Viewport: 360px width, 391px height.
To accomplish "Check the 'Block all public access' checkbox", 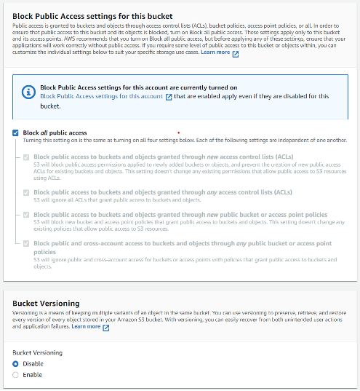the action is point(16,133).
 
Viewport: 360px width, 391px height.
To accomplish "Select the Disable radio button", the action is point(16,363).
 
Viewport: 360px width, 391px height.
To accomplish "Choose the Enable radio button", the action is point(16,375).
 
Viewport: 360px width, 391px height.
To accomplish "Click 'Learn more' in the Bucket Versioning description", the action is point(86,327).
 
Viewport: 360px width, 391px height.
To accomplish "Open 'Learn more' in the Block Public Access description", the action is point(215,52).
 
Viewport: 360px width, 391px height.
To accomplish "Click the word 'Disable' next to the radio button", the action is point(33,363).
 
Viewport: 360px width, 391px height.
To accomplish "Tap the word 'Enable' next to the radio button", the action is point(32,375).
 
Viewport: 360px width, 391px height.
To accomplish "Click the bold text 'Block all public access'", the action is point(55,133).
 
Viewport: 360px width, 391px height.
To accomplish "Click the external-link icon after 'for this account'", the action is point(169,96).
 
